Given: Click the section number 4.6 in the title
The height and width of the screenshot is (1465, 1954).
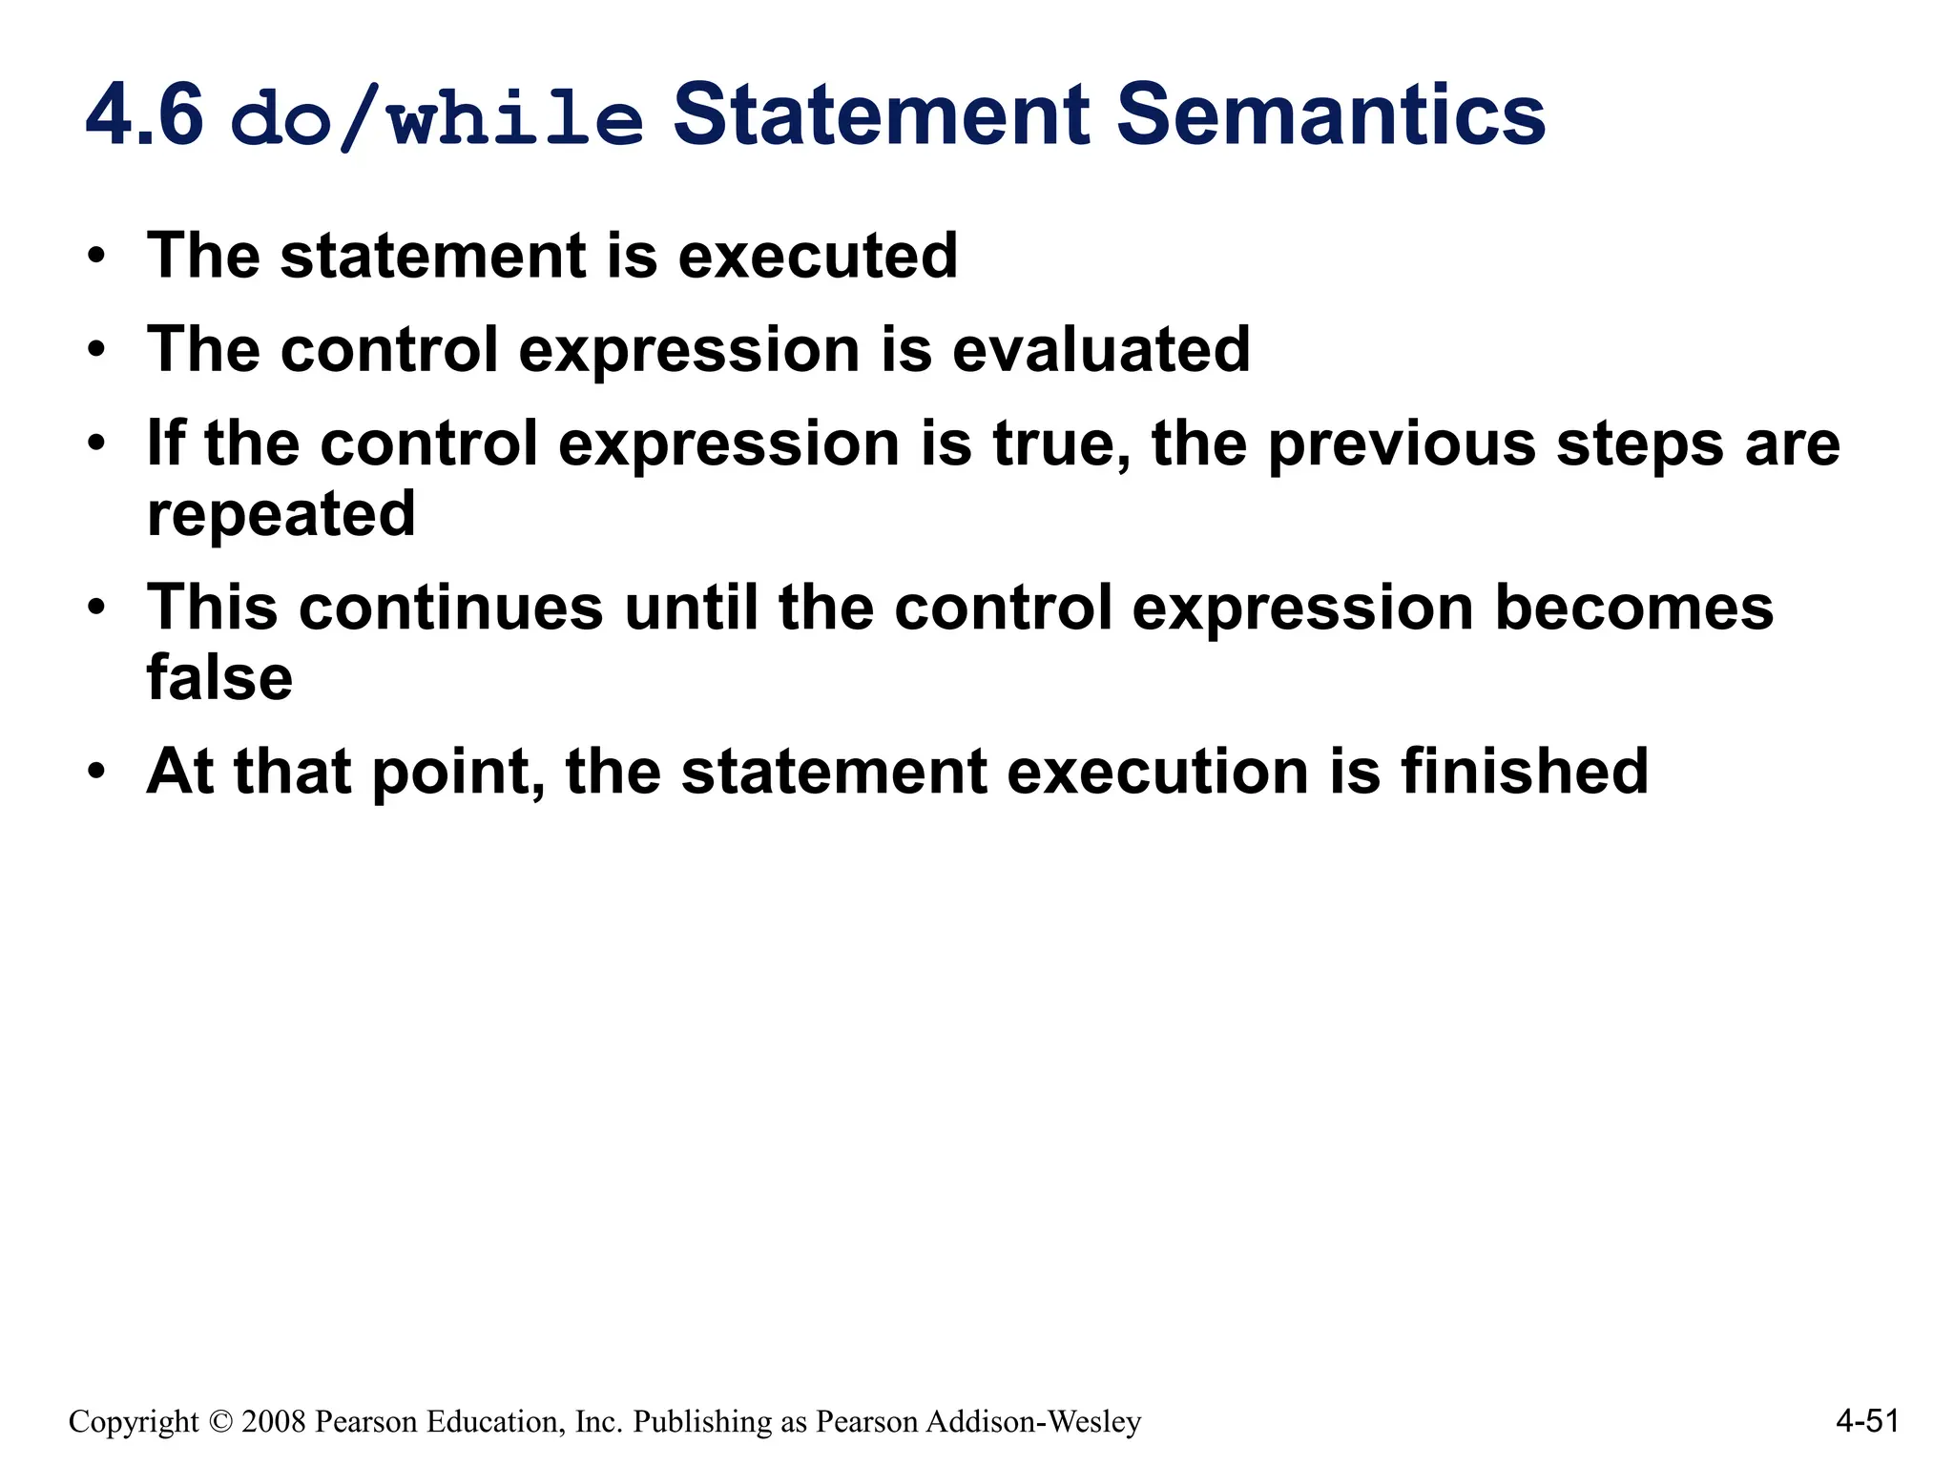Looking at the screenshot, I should coord(144,116).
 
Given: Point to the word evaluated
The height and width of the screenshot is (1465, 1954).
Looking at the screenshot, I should coord(1101,349).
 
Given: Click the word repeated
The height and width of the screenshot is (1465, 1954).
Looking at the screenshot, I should coord(281,515).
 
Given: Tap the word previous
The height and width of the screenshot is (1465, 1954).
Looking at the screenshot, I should coord(1402,444).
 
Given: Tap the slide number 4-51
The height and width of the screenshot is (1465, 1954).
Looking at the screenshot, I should coord(1867,1421).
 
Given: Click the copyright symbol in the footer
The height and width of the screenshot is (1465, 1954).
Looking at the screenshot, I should coord(219,1422).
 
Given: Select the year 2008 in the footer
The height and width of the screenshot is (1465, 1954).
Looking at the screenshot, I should coord(273,1422).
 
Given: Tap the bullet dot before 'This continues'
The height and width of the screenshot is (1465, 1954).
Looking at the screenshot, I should coord(95,608).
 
